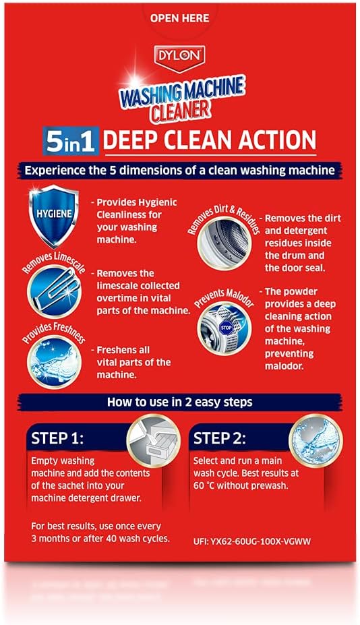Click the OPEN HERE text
point(179,18)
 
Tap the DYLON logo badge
point(180,58)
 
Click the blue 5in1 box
point(71,141)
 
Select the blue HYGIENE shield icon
point(54,214)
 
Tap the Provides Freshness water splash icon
point(54,362)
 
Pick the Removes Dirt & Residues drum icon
point(224,243)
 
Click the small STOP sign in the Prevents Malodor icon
point(226,327)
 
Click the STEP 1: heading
point(57,438)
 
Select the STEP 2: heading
point(220,438)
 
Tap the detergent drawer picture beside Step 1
point(153,440)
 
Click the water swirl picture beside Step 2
point(316,440)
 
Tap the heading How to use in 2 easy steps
point(179,402)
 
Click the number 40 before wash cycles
point(111,538)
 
